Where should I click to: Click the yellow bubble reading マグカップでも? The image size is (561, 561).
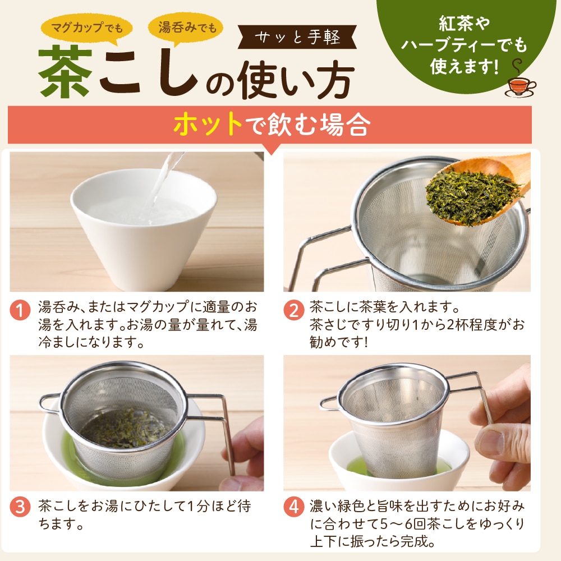[86, 26]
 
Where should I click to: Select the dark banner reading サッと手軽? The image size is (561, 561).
[297, 38]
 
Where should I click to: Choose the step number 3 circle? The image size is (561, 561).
[20, 507]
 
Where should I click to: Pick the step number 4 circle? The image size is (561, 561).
[293, 507]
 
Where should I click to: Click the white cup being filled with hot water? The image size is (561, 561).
[143, 224]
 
